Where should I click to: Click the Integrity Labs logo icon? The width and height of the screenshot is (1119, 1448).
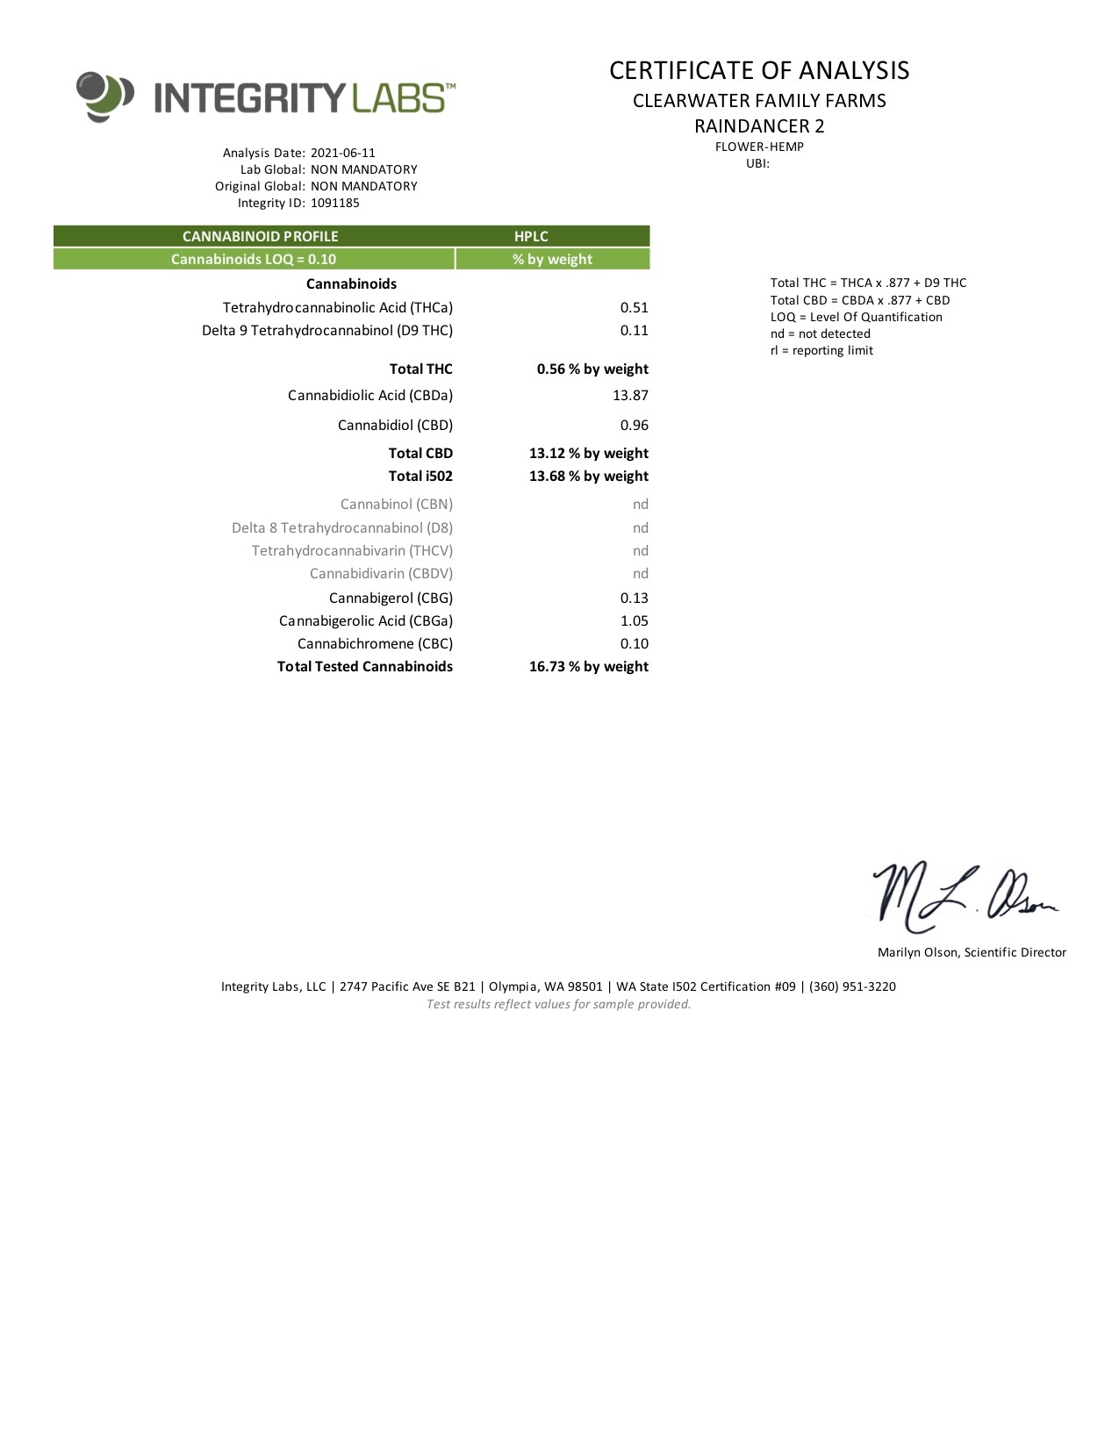[104, 96]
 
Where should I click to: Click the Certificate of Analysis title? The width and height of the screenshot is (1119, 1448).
[759, 70]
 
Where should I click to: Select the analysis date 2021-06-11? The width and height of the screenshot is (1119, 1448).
[342, 153]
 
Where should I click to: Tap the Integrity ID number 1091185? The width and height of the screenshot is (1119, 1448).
[334, 203]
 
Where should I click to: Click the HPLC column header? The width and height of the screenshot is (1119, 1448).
[531, 236]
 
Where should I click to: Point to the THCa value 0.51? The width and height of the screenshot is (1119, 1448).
[634, 307]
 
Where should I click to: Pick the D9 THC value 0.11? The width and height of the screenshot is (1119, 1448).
[634, 330]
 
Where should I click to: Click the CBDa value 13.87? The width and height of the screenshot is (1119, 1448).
[630, 395]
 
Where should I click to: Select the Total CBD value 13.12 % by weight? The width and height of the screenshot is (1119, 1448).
[588, 453]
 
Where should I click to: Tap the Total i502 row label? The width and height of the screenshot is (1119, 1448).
[420, 476]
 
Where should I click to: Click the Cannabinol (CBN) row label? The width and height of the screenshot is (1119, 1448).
[397, 504]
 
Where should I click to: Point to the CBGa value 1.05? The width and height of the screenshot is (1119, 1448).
[634, 620]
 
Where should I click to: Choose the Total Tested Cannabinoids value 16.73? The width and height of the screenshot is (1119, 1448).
[588, 666]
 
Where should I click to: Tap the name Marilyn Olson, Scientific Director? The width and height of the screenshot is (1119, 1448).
[972, 952]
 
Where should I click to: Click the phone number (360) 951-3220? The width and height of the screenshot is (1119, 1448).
[852, 986]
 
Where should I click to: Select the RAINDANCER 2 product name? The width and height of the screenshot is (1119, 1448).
[759, 125]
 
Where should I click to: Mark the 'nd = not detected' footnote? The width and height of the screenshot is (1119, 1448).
[821, 333]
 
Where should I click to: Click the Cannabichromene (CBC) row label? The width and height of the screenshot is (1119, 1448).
[375, 643]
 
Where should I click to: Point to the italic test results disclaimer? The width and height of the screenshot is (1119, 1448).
[558, 1004]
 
